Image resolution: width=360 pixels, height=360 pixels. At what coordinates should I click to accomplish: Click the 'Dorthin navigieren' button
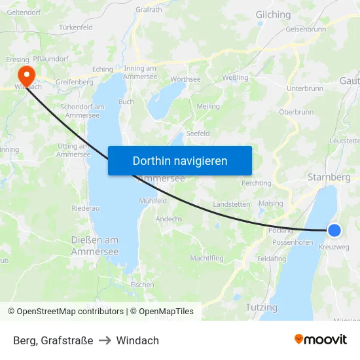click(180, 160)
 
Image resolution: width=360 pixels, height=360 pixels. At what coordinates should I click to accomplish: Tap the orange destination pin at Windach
click(27, 73)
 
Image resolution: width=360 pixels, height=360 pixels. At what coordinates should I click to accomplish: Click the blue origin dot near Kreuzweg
click(334, 230)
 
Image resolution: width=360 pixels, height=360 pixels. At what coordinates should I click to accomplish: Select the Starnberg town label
click(329, 177)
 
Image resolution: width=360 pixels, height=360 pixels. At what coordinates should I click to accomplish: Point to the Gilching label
click(273, 14)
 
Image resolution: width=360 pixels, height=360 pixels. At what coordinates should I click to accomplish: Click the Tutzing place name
click(261, 307)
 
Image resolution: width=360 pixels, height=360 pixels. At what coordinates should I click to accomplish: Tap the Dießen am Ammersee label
click(94, 245)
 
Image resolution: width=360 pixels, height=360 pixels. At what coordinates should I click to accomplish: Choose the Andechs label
click(169, 219)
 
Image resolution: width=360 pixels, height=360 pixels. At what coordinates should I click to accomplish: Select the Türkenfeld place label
click(76, 27)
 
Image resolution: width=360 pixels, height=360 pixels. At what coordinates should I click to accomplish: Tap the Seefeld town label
click(198, 133)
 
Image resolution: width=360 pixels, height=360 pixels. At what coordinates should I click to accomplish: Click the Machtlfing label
click(207, 258)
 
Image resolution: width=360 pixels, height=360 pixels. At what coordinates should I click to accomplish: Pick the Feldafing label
click(272, 259)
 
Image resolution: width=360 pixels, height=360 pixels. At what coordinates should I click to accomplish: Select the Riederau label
click(86, 208)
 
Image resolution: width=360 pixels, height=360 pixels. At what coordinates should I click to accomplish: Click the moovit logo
click(320, 339)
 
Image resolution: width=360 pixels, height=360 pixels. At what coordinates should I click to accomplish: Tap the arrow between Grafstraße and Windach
click(105, 340)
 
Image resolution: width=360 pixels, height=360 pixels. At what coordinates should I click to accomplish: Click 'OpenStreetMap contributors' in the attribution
click(70, 312)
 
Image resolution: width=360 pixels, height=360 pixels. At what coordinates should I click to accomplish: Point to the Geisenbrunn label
click(306, 29)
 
